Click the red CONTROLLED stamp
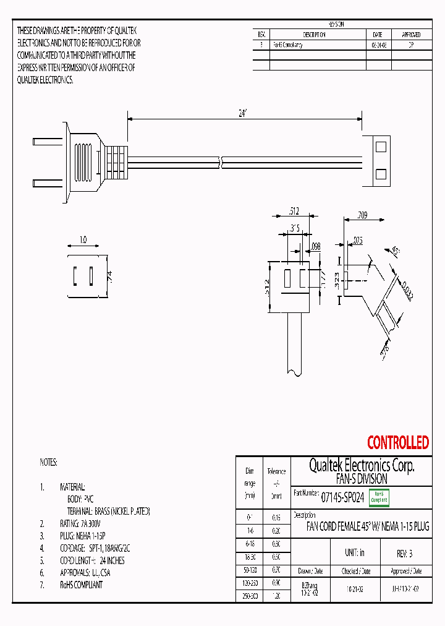point(397,443)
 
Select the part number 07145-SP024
point(343,496)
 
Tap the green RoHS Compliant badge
point(379,496)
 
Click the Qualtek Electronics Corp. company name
point(362,466)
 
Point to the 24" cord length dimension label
point(243,113)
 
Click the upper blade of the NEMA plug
point(47,141)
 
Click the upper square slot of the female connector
point(381,147)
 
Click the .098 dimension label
point(316,247)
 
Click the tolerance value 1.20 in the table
point(276,596)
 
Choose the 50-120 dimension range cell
point(250,570)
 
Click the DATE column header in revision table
point(378,35)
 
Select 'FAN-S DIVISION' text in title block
point(362,479)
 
